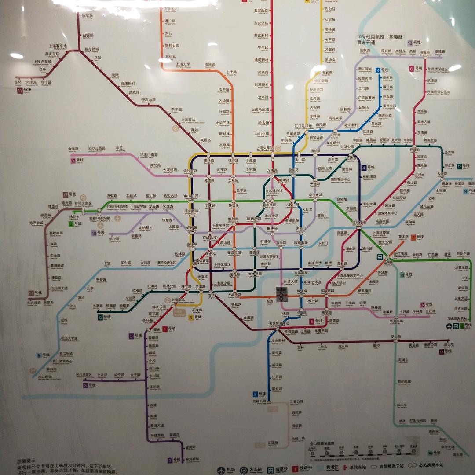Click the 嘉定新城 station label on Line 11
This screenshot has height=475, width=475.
92,49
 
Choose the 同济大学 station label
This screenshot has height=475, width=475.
335,118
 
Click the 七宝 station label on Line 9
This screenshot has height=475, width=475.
107,264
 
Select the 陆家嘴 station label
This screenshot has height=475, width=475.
342,200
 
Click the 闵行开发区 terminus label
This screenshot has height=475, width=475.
84,375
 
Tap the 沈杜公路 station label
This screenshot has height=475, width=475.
259,402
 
